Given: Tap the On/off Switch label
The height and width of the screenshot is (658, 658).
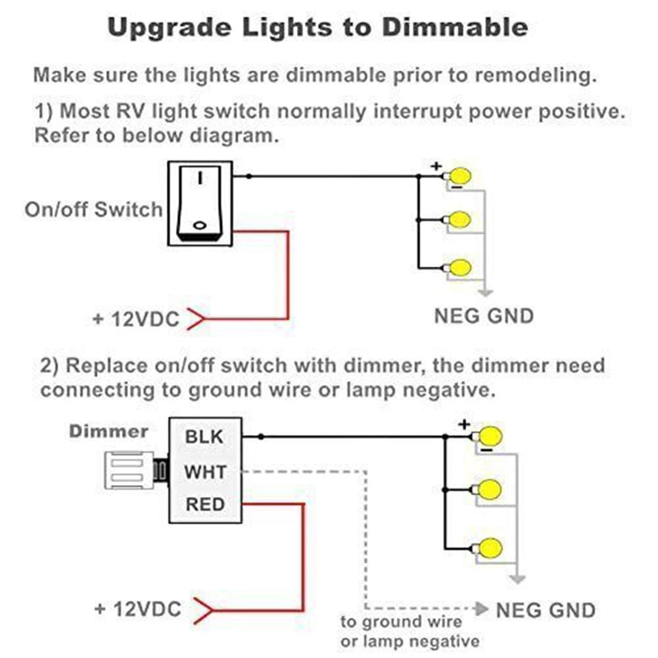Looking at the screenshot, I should (x=93, y=210).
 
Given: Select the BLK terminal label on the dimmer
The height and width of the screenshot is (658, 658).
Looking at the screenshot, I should (x=204, y=436).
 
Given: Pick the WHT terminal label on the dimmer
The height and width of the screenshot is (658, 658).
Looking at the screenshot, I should (x=205, y=471).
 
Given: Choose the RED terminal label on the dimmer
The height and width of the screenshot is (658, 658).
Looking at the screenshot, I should (x=205, y=505).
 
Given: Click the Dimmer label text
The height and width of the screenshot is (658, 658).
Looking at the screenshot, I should (x=109, y=431).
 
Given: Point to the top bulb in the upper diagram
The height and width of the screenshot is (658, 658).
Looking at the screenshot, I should (x=461, y=176).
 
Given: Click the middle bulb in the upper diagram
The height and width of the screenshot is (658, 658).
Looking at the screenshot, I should (x=461, y=218).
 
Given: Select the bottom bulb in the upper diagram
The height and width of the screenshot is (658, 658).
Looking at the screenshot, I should (x=461, y=268).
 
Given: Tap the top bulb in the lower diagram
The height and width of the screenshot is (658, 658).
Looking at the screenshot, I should (x=490, y=436).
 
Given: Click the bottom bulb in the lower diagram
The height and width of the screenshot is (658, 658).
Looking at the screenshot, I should (x=490, y=548).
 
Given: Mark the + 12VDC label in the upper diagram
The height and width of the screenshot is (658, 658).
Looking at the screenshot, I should (x=136, y=319).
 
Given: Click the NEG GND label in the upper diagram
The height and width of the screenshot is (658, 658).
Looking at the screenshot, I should (x=484, y=316).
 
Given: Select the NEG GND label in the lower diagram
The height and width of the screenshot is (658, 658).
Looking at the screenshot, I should (x=546, y=609).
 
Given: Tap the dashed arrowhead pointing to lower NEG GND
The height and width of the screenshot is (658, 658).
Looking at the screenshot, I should (x=482, y=607).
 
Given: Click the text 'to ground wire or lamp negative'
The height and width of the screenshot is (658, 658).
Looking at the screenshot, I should (x=409, y=631).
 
